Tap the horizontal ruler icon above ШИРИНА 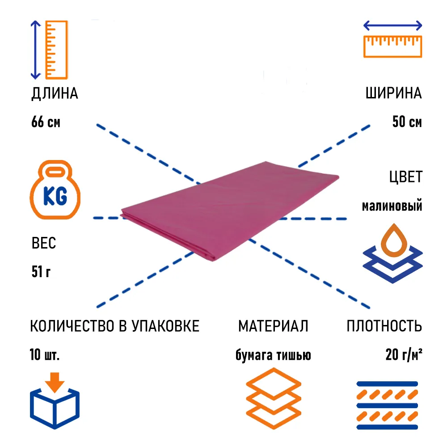pos(393,40)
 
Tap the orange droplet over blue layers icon pos(392,253)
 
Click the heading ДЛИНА pos(55,94)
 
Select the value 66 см pos(46,122)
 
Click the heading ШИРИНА pos(393,94)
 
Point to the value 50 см pos(407,122)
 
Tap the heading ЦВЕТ pos(405,177)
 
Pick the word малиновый pos(392,206)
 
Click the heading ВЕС pos(44,244)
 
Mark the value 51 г pos(41,272)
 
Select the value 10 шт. pos(45,355)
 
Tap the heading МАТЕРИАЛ pos(273,326)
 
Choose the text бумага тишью pos(273,355)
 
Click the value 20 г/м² pos(404,355)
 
